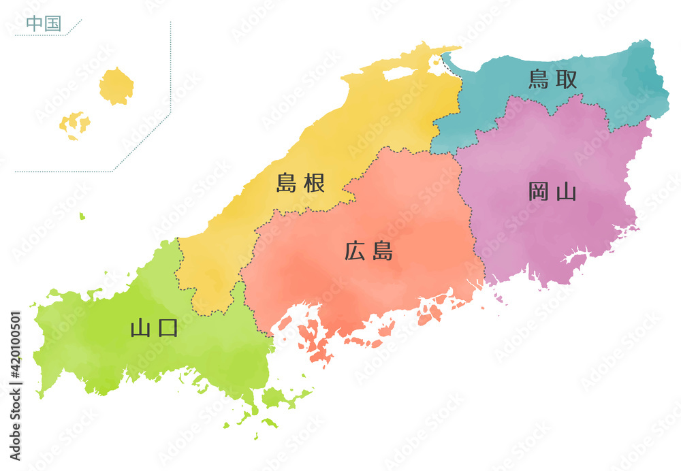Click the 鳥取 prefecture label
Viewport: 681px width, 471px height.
(x=553, y=80)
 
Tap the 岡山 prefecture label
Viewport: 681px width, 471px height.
(x=552, y=192)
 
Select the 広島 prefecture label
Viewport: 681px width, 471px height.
(x=368, y=252)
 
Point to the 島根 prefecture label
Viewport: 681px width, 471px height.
(x=300, y=182)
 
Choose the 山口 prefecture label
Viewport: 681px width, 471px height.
(x=154, y=328)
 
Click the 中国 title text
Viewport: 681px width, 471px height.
(x=43, y=23)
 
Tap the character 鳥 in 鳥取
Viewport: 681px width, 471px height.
(x=539, y=80)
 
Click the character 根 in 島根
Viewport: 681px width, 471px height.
(x=314, y=182)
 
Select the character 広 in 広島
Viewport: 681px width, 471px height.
(x=355, y=252)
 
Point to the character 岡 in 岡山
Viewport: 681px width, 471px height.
(x=539, y=192)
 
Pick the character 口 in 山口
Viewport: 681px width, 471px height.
(x=168, y=328)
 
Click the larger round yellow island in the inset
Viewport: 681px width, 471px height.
(x=116, y=86)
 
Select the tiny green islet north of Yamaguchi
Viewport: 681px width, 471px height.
(x=82, y=216)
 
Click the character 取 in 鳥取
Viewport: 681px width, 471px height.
(x=567, y=80)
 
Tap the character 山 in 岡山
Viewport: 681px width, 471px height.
(x=566, y=192)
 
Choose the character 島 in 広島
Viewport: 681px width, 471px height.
(x=382, y=252)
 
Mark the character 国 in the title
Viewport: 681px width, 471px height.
(x=52, y=23)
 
